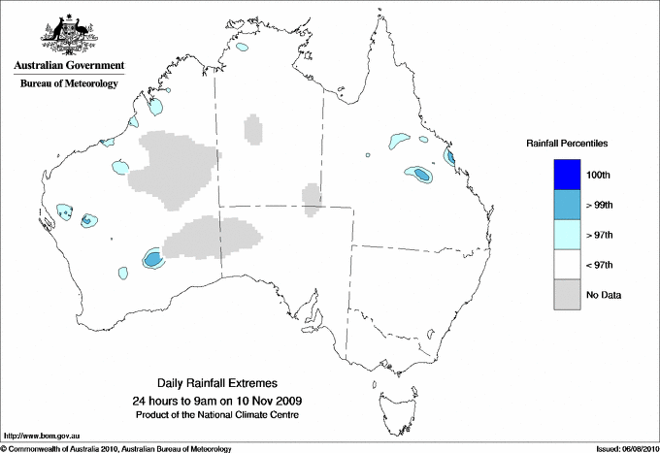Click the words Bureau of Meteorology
click(x=69, y=83)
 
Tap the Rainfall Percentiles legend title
click(x=567, y=144)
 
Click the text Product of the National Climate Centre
click(x=216, y=414)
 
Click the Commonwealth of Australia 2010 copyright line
click(x=116, y=448)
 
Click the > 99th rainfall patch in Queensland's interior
click(x=421, y=175)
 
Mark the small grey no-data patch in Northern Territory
click(x=253, y=128)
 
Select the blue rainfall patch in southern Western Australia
click(x=153, y=258)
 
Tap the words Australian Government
click(x=69, y=66)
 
